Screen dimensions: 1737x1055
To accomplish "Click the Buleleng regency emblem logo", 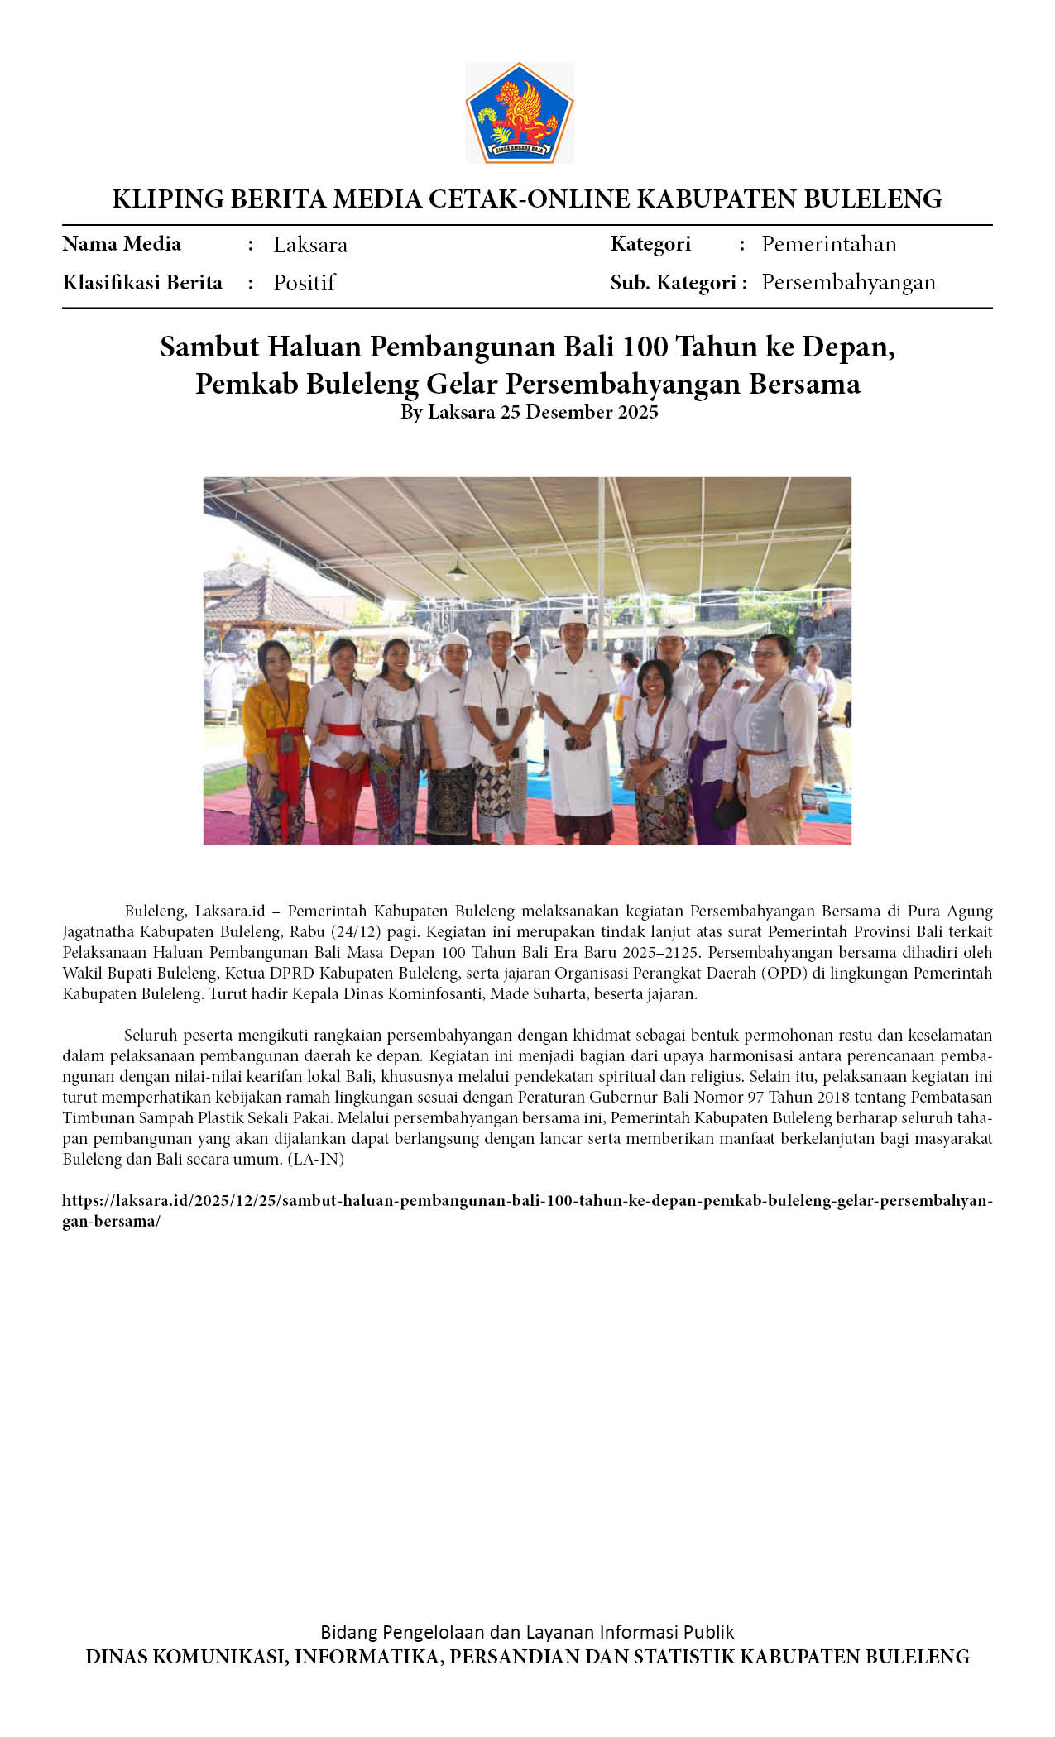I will (x=519, y=113).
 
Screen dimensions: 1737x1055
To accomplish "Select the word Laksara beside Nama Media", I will (x=310, y=245).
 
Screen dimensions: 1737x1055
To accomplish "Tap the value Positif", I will (x=304, y=283).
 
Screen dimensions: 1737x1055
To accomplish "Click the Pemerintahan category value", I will (x=828, y=244).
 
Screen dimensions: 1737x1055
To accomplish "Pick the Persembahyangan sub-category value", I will (x=848, y=282).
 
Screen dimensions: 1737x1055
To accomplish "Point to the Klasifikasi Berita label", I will (x=142, y=283).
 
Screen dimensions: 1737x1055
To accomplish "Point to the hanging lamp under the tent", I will (x=457, y=570).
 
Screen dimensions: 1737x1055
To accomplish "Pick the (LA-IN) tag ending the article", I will (x=316, y=1159).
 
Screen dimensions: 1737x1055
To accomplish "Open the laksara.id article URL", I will (x=526, y=1201).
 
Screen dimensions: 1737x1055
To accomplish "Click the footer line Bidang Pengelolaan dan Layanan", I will (x=527, y=1632).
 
